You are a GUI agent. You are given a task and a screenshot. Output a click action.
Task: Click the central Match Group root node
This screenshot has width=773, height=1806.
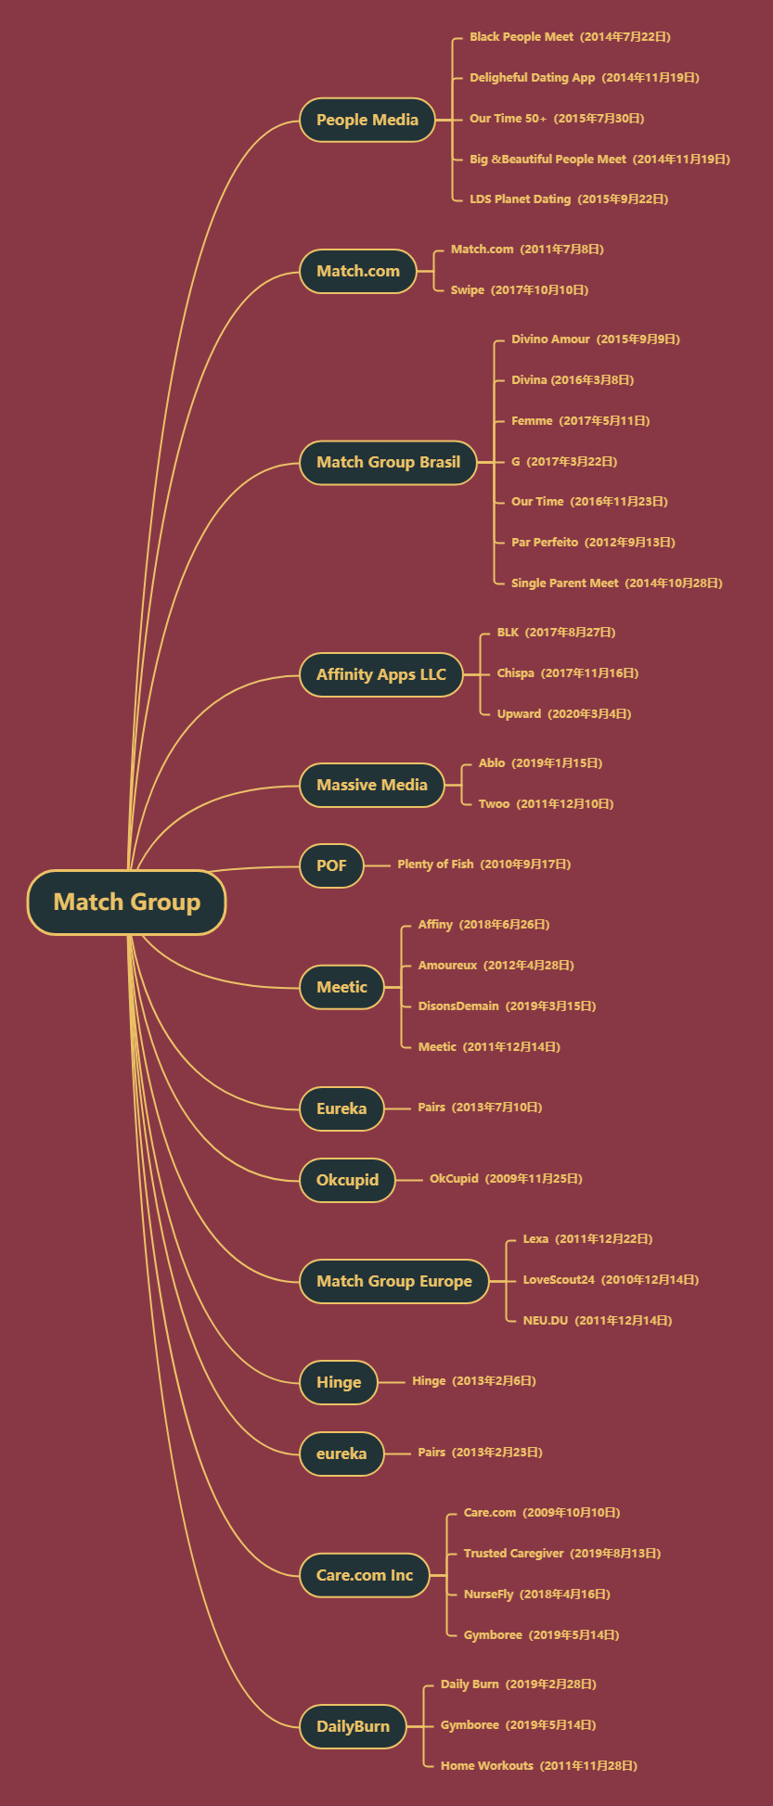click(126, 902)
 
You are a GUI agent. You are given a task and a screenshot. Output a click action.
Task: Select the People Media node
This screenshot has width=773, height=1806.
click(367, 120)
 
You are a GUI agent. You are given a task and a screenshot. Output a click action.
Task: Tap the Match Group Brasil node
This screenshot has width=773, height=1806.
click(388, 462)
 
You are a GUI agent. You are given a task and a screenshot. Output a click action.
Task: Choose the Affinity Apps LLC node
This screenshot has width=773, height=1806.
click(380, 674)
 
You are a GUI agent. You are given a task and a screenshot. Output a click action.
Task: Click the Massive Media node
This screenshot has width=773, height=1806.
click(371, 785)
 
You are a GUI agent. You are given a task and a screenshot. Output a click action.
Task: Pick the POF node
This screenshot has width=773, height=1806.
click(331, 865)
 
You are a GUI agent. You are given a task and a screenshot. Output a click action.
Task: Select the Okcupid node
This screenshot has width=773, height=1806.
click(347, 1180)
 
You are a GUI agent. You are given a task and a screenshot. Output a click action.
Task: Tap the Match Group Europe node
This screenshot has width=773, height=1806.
click(393, 1281)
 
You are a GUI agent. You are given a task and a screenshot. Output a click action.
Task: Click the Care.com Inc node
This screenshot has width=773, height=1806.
click(364, 1575)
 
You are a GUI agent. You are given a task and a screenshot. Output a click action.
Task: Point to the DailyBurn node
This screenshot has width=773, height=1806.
click(353, 1726)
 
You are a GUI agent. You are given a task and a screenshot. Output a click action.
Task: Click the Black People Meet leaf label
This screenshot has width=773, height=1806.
click(570, 37)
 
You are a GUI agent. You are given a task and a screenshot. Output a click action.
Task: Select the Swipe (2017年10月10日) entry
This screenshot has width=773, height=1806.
click(520, 290)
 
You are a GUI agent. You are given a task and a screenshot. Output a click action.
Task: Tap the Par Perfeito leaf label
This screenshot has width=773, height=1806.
click(593, 543)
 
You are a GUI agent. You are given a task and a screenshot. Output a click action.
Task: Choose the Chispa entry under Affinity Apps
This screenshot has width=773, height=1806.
click(567, 673)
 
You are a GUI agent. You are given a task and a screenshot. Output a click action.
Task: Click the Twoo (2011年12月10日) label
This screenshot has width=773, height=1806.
click(546, 804)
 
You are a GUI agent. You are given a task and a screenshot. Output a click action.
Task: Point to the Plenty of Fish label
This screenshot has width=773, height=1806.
click(483, 865)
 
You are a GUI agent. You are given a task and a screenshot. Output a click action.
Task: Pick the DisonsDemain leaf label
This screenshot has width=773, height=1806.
click(507, 1006)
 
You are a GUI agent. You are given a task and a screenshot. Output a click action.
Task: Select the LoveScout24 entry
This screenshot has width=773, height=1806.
click(611, 1280)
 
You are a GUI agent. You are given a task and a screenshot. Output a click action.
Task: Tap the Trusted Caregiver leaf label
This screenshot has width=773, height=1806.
click(562, 1554)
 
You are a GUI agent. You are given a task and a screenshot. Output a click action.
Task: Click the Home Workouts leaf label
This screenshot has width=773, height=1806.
click(538, 1766)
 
